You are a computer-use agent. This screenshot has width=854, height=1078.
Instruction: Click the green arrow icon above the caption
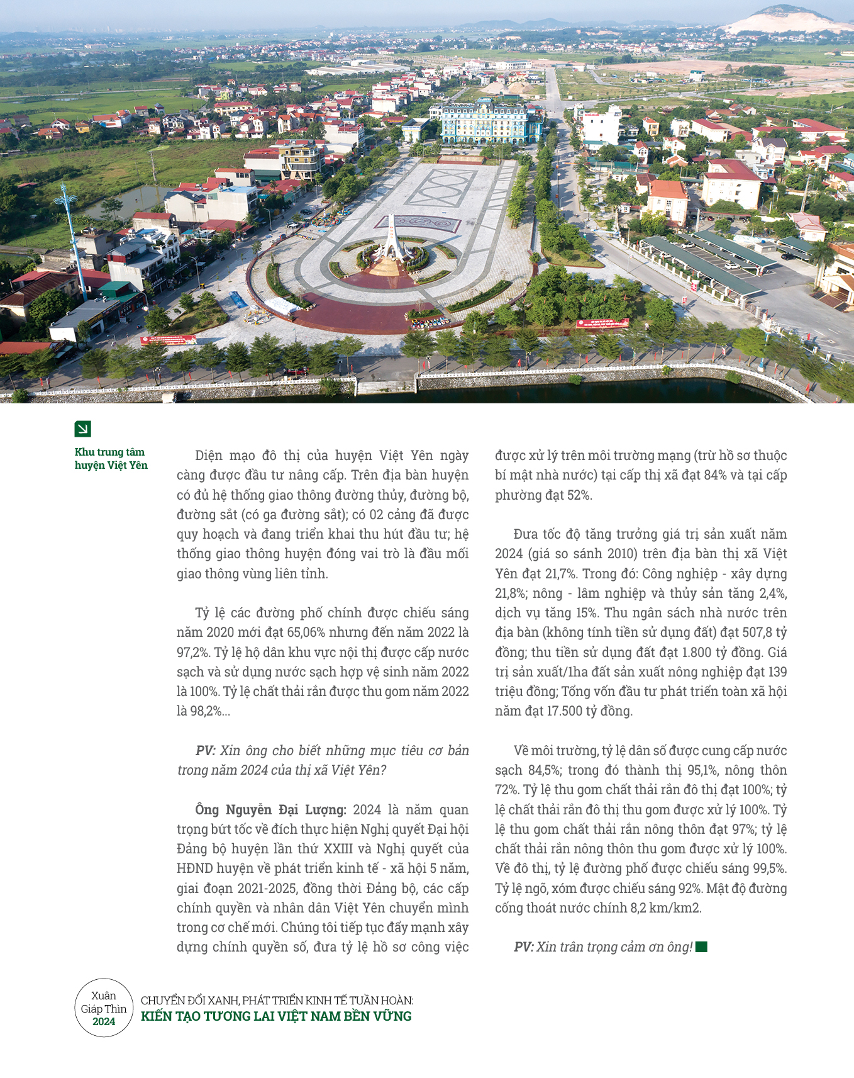(82, 429)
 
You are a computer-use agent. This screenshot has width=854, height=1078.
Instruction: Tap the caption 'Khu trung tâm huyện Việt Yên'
(111, 459)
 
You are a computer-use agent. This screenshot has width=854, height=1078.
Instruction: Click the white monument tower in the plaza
(392, 239)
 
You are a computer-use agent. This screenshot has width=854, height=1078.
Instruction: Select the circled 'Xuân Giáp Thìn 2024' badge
(104, 1008)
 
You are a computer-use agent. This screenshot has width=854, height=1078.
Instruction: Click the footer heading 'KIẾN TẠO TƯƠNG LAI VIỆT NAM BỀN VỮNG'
(276, 1016)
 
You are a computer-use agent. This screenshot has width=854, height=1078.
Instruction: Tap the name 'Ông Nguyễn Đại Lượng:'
(270, 809)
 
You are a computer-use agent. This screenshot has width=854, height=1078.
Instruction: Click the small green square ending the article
(702, 946)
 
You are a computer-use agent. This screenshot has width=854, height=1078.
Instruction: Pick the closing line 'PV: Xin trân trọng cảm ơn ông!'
(603, 947)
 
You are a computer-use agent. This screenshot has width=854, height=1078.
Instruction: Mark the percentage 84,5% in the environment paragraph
(543, 770)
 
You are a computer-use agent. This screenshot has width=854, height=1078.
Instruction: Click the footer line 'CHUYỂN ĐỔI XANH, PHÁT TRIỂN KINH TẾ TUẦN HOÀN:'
(277, 1000)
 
